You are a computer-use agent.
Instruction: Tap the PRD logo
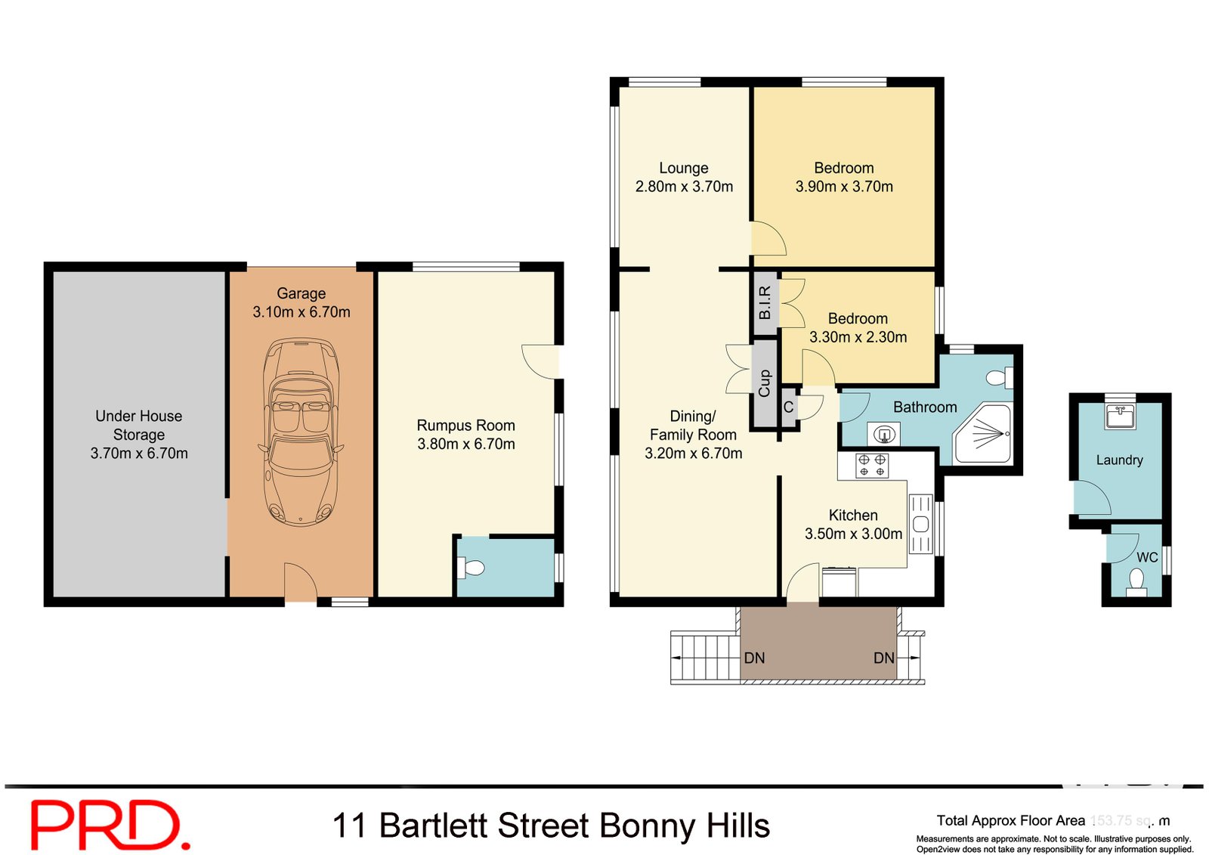pos(110,825)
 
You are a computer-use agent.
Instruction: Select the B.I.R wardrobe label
pos(765,302)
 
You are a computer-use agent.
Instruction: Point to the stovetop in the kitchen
pos(872,465)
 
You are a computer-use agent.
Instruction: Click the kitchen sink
pos(920,524)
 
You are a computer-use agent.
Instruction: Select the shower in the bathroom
pos(983,433)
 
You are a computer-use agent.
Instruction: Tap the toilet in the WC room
pos(1136,581)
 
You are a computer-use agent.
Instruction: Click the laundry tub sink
pos(1120,416)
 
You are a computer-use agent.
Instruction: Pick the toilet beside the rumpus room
pos(473,568)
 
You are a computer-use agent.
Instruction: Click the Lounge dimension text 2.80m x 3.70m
pos(684,187)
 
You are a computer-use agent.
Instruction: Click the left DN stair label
pos(754,658)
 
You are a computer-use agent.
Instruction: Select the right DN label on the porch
pos(883,658)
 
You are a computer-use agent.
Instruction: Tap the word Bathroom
pos(925,407)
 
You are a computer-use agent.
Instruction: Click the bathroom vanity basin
pos(883,435)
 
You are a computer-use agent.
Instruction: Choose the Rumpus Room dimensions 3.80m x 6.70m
pos(466,445)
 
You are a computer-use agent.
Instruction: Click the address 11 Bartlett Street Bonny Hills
pos(551,826)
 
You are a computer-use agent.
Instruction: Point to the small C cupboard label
pos(788,407)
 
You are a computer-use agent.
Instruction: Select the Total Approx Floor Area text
pos(1010,820)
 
